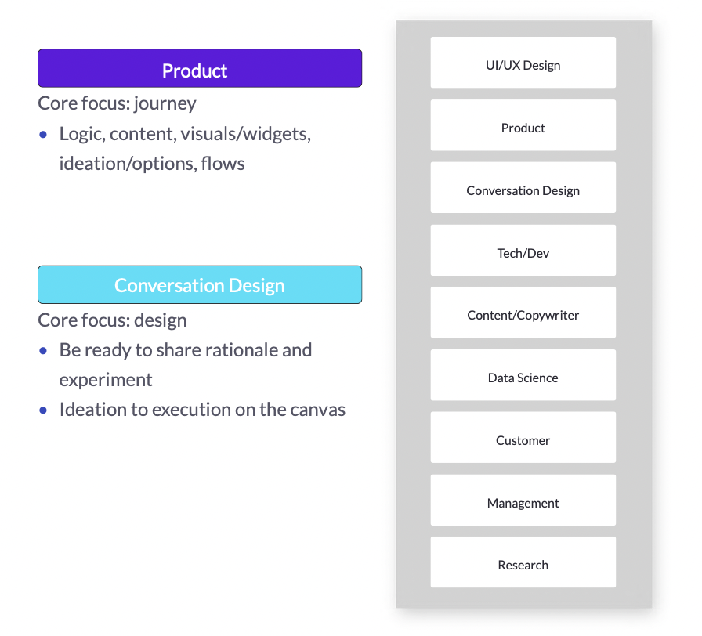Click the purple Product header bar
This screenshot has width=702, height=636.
(200, 68)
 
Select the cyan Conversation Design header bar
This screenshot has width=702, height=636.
(200, 284)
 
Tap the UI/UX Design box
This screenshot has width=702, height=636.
(523, 63)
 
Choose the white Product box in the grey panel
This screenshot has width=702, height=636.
(523, 125)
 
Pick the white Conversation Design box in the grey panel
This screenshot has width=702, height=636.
(523, 187)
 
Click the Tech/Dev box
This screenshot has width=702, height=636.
(523, 250)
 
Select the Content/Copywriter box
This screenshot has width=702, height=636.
(523, 313)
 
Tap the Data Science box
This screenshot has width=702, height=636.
(523, 375)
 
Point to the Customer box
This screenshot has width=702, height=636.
(523, 437)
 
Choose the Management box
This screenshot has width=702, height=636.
(523, 500)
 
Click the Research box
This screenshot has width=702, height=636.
(523, 562)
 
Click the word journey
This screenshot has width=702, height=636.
(165, 104)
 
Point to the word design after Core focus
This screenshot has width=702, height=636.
(161, 320)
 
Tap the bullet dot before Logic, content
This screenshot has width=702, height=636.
(43, 134)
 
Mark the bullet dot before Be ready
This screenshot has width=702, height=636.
(43, 350)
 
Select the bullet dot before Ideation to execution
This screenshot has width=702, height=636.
(43, 410)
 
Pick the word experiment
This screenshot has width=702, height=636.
(106, 381)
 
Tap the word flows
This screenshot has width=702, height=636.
(223, 164)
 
